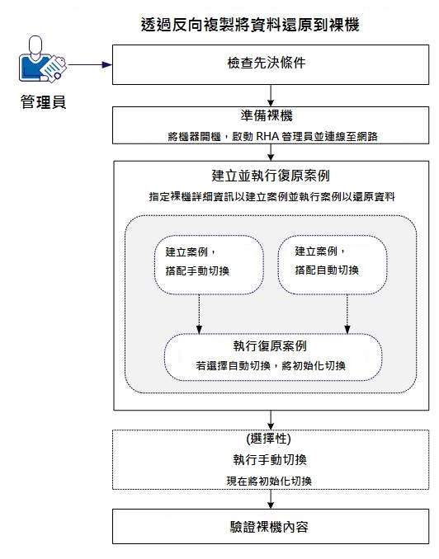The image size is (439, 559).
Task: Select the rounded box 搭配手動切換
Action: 209,264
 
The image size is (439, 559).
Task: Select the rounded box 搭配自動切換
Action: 333,264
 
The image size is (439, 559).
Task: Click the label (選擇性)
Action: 271,439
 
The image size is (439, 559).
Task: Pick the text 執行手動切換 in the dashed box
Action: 271,459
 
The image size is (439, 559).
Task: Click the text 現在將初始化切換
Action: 271,479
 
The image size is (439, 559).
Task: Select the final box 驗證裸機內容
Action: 271,527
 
